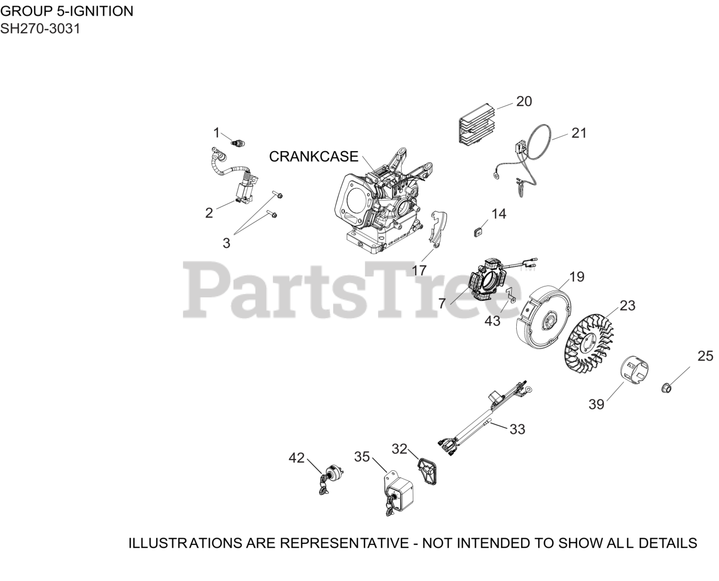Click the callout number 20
tap(524, 101)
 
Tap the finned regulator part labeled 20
tap(476, 125)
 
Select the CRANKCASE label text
tap(313, 156)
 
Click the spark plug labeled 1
tap(237, 143)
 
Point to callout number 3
tap(226, 243)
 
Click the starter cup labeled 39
tap(635, 370)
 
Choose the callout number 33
tap(517, 429)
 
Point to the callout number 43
tap(492, 321)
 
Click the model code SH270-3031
tap(40, 29)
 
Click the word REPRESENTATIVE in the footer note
tap(344, 543)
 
